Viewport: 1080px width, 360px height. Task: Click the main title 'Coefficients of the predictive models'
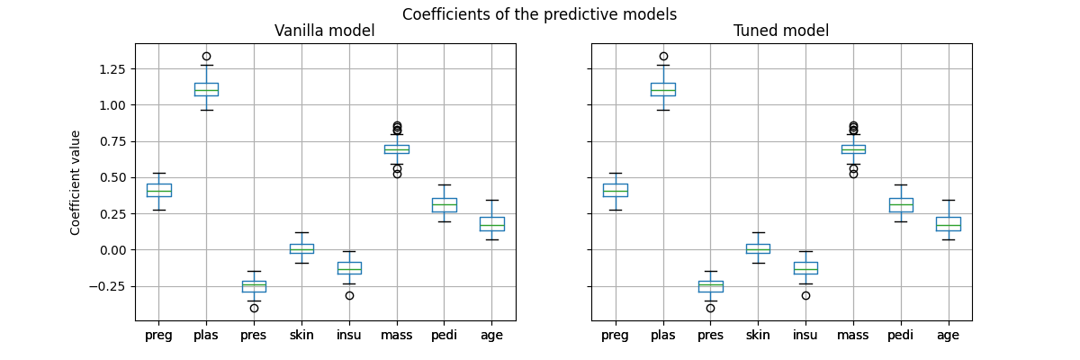(539, 14)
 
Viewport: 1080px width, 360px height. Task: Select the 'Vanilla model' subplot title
(325, 31)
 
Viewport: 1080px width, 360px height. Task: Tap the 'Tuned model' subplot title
(781, 31)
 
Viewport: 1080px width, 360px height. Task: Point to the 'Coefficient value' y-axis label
(76, 183)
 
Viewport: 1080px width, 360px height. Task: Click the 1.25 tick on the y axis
(113, 68)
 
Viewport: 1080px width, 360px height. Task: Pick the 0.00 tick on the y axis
(113, 250)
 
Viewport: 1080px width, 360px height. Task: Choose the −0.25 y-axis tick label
(110, 286)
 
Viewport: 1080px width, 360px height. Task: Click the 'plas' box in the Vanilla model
(206, 89)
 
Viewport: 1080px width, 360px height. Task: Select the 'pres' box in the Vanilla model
(254, 286)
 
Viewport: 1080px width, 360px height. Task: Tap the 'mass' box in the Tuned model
(853, 149)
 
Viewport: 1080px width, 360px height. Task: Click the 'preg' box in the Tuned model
(616, 190)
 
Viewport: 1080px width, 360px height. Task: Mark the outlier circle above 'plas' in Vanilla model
(206, 56)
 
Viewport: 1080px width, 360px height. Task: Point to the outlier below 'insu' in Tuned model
(805, 295)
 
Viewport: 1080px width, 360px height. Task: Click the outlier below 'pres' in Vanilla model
(254, 308)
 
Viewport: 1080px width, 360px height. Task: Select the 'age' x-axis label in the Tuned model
(948, 335)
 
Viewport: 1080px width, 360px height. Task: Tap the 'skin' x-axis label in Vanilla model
(301, 335)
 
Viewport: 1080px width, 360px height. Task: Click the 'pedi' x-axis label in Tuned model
(900, 335)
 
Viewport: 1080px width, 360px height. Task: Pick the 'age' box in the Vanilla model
(491, 224)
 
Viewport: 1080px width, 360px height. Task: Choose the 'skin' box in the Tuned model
(758, 248)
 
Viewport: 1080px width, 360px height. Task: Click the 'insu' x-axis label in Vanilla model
(349, 335)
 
